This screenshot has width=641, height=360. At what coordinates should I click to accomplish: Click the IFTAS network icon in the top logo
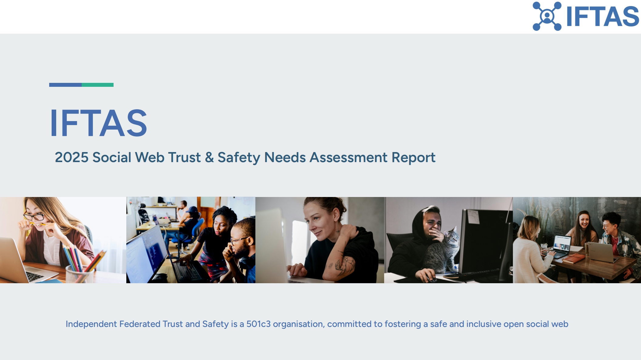[x=547, y=16]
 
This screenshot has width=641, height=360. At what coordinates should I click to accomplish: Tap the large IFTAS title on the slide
[x=99, y=123]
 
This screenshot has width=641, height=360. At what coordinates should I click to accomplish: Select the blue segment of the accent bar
[x=65, y=85]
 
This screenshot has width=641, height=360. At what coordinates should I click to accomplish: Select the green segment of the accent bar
[x=97, y=85]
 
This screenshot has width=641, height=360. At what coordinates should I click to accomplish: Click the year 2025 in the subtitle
[x=72, y=158]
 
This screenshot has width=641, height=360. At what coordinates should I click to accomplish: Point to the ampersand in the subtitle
[x=209, y=158]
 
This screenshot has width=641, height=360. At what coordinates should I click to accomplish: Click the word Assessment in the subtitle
[x=348, y=158]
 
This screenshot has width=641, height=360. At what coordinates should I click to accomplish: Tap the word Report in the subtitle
[x=414, y=158]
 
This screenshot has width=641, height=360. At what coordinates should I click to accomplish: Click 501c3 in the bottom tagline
[x=258, y=324]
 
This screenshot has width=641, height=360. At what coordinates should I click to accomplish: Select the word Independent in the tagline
[x=91, y=324]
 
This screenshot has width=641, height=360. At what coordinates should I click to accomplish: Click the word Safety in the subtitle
[x=239, y=158]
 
